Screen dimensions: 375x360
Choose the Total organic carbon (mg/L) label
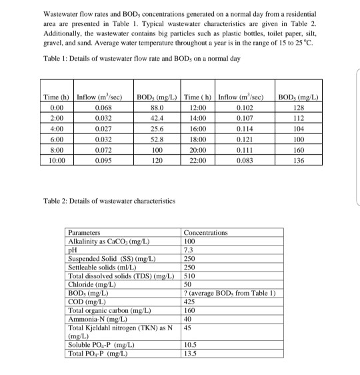click(111, 310)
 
